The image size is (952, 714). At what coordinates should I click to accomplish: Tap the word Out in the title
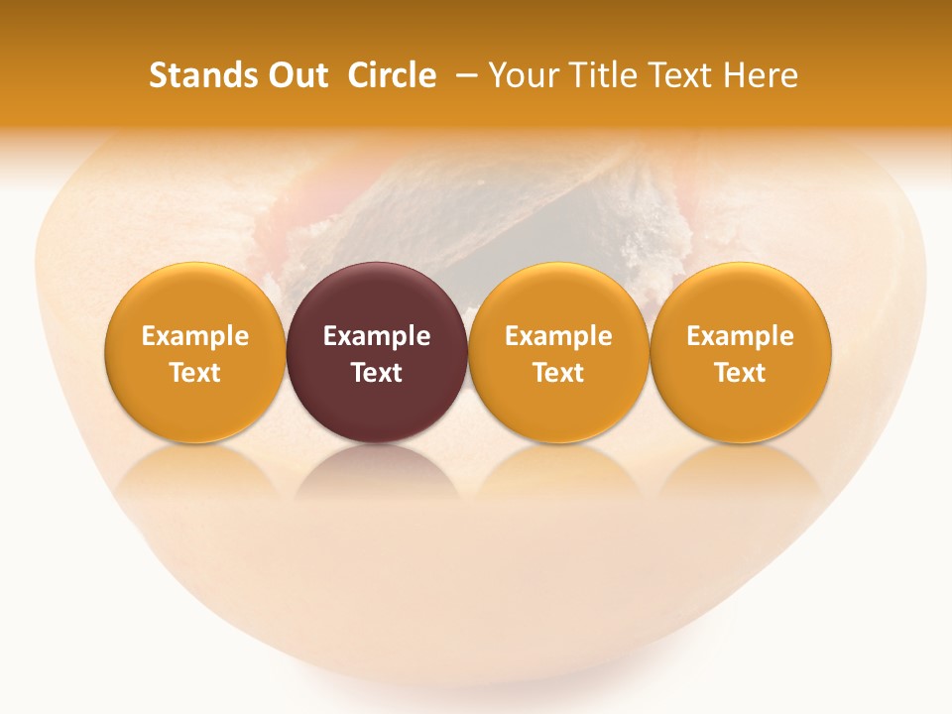coord(295,75)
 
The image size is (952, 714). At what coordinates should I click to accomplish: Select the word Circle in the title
coord(392,75)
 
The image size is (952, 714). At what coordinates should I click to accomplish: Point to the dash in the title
coord(465,75)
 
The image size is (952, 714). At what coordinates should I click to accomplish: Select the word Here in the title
coord(761,75)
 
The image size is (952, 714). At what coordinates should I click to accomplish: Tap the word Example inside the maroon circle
coord(377,336)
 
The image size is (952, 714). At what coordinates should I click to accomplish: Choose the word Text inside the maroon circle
coord(377,373)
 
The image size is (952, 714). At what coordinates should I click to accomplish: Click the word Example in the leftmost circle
coord(195,336)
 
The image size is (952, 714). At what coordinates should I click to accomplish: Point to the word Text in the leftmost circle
coord(195,373)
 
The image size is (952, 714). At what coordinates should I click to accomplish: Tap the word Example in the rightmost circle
coord(740,336)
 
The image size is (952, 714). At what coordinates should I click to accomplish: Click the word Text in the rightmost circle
coord(740,373)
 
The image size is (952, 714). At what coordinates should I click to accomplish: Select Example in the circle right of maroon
coord(558,336)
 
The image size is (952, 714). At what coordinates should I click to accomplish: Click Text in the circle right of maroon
coord(558,373)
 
